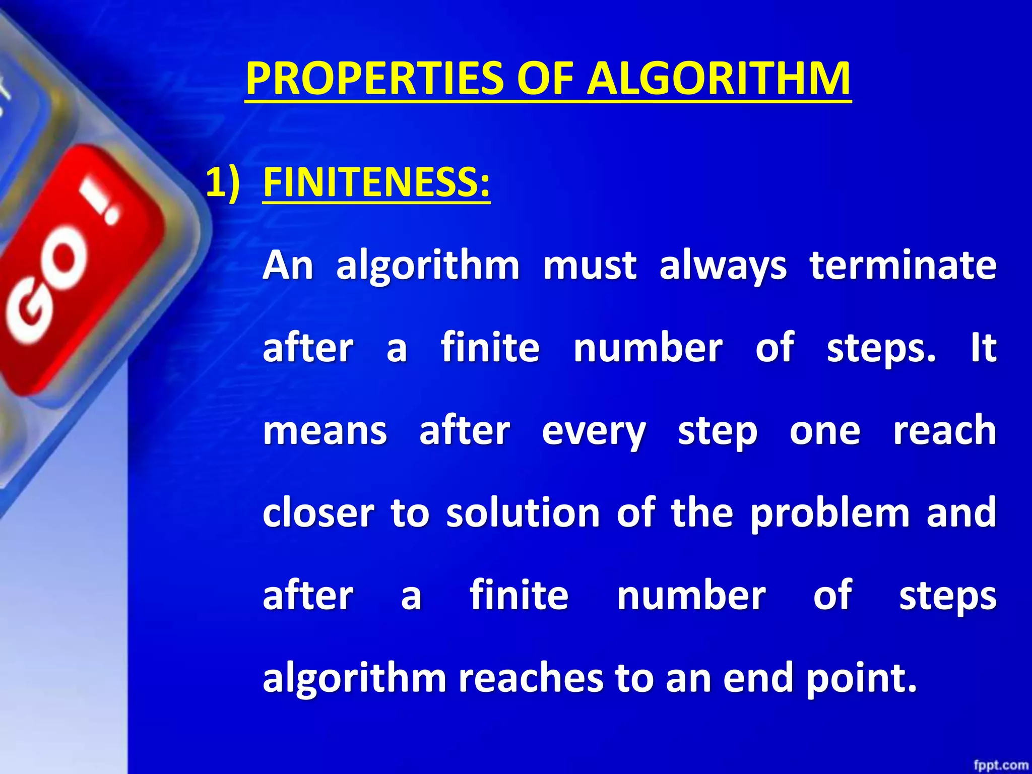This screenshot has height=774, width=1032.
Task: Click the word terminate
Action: [x=902, y=266]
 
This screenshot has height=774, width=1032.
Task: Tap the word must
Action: [x=589, y=266]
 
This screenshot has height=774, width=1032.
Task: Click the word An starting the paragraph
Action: [x=288, y=266]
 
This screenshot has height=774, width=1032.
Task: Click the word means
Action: [x=325, y=431]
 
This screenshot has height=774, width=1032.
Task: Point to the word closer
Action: [x=318, y=513]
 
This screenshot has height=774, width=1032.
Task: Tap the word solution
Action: [x=523, y=513]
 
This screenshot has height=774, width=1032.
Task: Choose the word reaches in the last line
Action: [x=530, y=678]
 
